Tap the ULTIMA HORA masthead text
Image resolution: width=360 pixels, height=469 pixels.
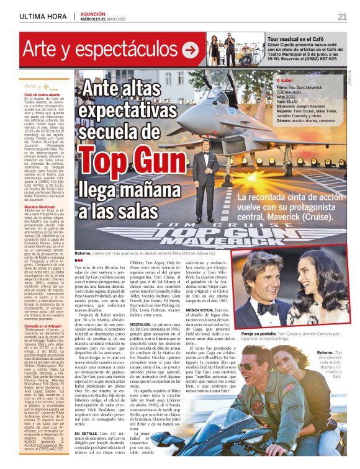(x=43, y=16)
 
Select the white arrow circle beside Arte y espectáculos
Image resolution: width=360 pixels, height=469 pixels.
(x=191, y=48)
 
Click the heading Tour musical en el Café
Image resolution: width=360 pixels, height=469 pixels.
(x=289, y=39)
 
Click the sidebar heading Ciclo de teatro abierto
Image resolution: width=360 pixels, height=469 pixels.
(x=43, y=94)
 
